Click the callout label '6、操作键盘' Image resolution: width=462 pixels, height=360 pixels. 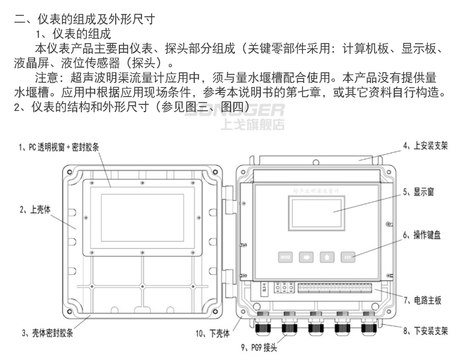tap(420, 236)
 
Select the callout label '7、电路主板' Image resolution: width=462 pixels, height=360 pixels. tap(422, 300)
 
